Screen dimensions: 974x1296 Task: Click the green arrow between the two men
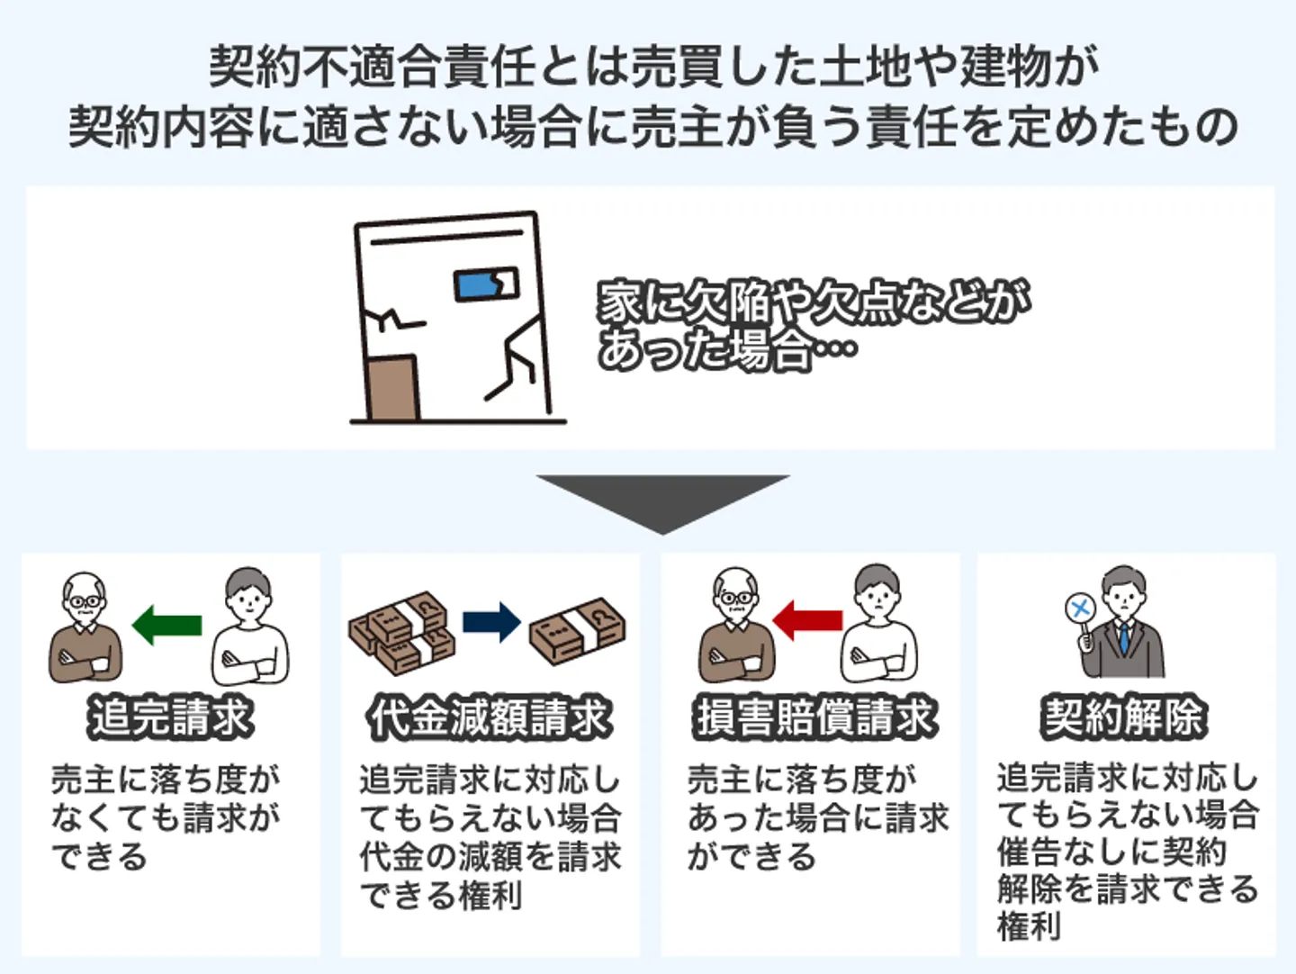coord(166,624)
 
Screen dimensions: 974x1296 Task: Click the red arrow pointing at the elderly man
coord(807,620)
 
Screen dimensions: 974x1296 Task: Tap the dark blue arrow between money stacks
coord(491,622)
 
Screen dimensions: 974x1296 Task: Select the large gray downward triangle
coord(662,501)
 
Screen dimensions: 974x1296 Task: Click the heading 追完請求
coord(170,717)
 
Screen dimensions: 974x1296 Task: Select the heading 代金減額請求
coord(490,717)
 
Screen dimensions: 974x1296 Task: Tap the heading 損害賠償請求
coord(815,717)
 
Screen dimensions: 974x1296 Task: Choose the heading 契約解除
coord(1122,717)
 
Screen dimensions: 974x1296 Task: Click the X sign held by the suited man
coord(1079,609)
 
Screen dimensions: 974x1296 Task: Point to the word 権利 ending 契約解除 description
coord(1029,925)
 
